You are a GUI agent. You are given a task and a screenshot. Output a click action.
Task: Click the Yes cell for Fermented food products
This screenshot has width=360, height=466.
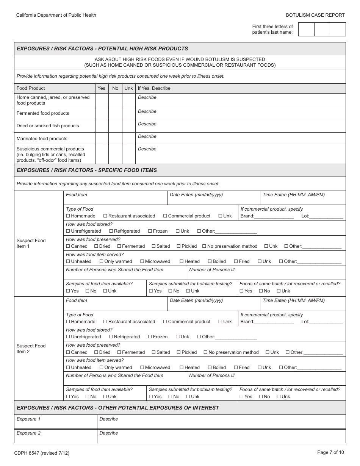[102, 113]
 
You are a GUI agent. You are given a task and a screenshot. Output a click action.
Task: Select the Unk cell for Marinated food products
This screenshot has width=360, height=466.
[128, 138]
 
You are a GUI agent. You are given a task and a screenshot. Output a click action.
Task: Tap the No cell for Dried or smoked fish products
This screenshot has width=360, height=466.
[115, 126]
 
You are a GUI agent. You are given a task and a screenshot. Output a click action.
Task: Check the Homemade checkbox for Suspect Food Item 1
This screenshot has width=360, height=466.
[68, 216]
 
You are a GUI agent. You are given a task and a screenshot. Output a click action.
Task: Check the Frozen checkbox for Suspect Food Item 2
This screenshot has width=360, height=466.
[150, 337]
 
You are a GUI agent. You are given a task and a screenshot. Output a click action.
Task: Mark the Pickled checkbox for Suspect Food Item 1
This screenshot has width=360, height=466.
[179, 246]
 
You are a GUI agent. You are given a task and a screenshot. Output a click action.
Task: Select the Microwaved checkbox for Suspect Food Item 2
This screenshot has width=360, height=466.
[142, 367]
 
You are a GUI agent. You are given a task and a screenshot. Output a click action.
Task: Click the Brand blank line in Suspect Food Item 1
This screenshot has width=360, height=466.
[274, 216]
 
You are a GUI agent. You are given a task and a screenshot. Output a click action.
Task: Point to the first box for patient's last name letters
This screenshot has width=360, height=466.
[306, 30]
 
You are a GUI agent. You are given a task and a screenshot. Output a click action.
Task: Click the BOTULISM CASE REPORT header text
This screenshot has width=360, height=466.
[315, 15]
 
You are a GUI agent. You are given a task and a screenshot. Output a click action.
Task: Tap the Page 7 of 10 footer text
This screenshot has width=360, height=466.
[330, 452]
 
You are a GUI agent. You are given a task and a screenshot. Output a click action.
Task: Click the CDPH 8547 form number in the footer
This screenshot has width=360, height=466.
[42, 453]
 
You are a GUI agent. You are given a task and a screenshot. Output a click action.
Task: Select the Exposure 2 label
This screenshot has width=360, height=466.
[29, 433]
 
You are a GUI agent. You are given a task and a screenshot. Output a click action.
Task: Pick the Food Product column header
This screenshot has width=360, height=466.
[31, 88]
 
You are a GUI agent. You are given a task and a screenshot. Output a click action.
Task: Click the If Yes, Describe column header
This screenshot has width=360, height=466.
[154, 88]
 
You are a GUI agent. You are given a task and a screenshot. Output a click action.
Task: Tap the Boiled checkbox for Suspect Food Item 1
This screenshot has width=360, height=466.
[210, 261]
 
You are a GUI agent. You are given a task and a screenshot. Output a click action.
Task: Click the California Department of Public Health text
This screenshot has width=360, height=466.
[56, 15]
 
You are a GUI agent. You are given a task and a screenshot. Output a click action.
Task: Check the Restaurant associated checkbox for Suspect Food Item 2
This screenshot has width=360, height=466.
[105, 322]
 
